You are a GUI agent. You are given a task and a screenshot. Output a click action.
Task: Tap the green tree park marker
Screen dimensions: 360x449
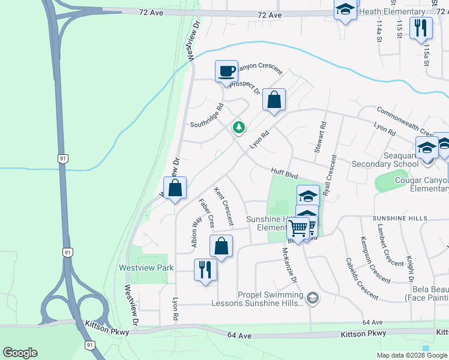[239, 127]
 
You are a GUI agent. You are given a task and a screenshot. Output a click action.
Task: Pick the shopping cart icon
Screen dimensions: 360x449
[298, 229]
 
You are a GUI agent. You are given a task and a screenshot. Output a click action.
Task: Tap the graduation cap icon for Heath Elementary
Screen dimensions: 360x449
[345, 10]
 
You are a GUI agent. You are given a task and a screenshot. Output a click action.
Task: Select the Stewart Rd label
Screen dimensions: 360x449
[324, 137]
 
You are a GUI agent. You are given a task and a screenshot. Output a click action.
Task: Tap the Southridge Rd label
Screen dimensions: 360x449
[207, 116]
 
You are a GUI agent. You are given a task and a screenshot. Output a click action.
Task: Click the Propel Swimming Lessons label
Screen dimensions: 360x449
[270, 299]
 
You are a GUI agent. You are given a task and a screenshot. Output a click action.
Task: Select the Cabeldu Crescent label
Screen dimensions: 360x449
[362, 279]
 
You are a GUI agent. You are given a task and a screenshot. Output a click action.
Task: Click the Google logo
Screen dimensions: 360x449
[20, 353]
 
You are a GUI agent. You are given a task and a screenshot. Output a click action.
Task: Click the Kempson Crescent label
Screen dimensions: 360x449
[375, 260]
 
